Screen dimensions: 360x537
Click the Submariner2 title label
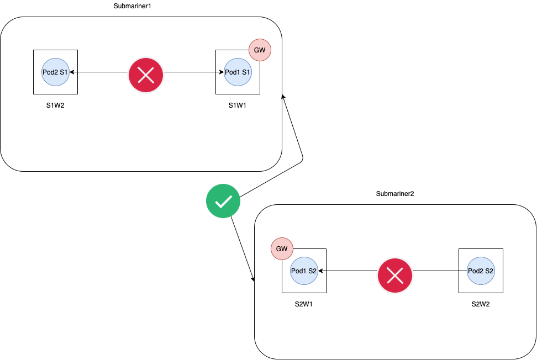(394, 194)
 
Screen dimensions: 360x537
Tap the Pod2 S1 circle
(55, 72)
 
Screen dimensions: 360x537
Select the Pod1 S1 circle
(238, 72)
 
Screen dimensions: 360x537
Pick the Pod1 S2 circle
(304, 271)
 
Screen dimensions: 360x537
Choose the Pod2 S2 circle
(481, 271)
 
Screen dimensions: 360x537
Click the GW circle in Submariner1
(260, 50)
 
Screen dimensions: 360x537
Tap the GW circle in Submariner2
(282, 249)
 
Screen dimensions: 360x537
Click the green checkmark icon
(223, 202)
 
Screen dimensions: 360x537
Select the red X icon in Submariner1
(146, 75)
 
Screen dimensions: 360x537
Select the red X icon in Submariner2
(394, 274)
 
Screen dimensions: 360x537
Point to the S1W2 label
(55, 105)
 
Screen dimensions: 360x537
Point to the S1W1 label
(238, 105)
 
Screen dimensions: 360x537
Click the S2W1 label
(304, 304)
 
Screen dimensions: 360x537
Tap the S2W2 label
(481, 304)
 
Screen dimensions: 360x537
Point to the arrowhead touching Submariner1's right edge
(283, 97)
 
